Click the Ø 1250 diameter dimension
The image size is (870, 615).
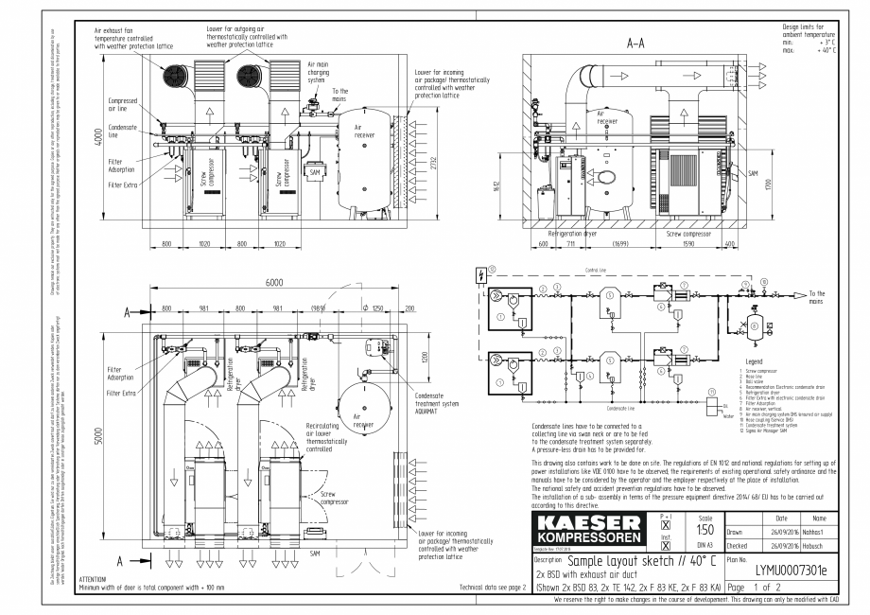pos(374,309)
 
